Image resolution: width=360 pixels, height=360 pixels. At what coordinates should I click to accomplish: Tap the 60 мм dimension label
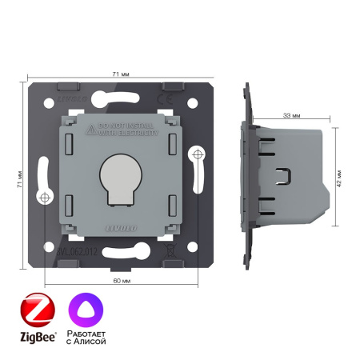click(x=120, y=280)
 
